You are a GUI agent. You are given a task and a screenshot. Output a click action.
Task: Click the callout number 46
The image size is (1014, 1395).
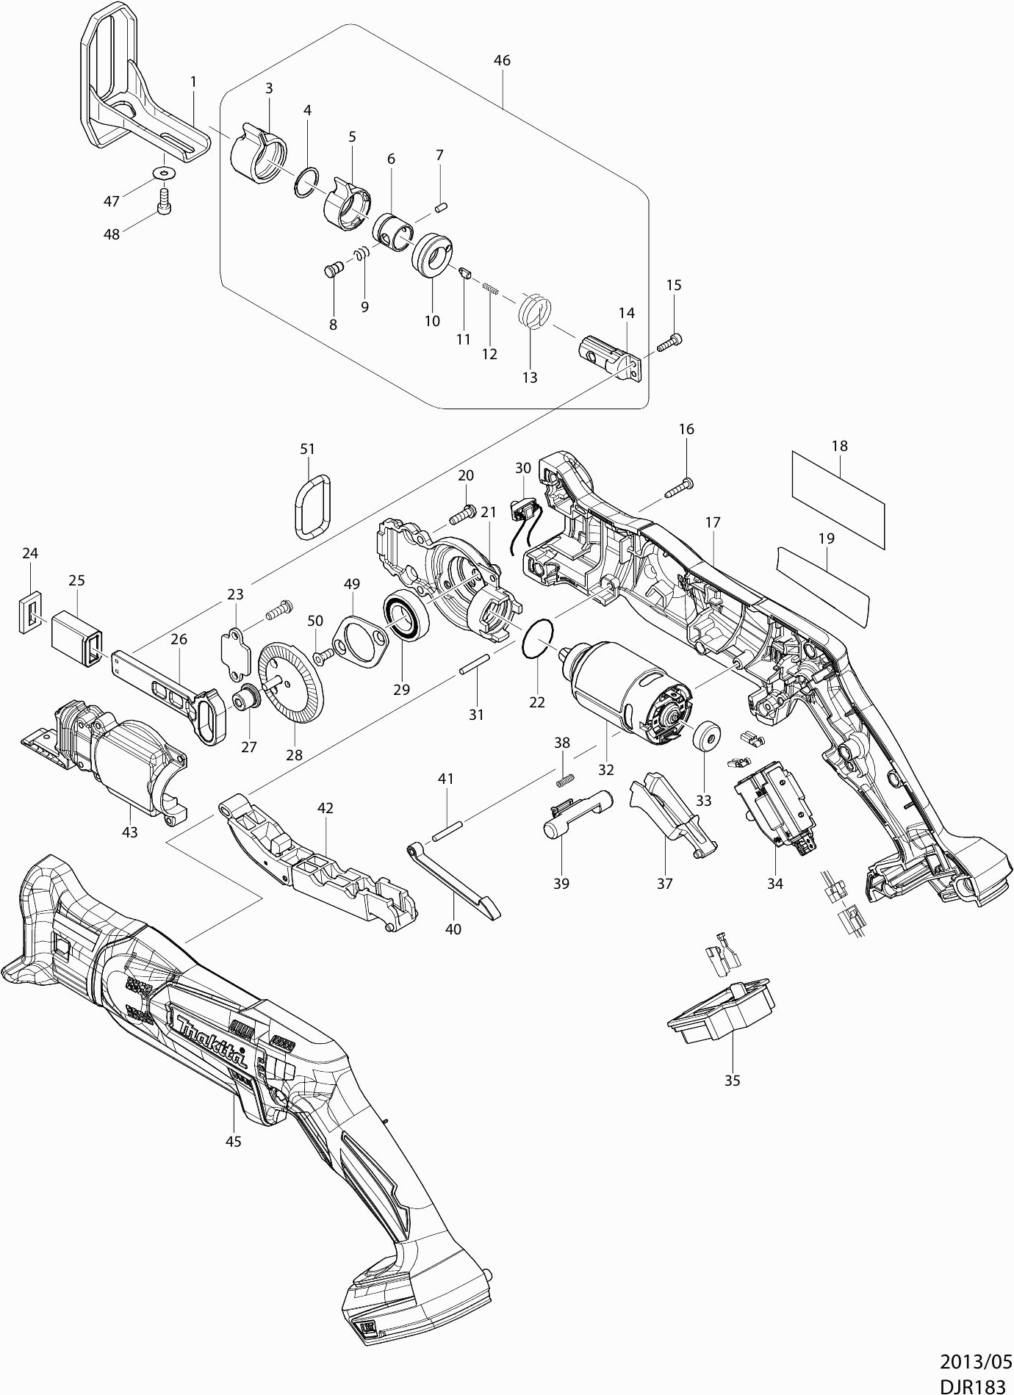tap(502, 61)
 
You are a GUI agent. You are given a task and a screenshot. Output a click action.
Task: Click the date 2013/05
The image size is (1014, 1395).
tap(976, 1360)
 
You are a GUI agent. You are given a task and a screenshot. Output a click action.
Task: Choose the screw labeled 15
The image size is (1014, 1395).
tap(670, 341)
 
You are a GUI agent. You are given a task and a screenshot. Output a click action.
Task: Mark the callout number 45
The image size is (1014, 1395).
tap(234, 1141)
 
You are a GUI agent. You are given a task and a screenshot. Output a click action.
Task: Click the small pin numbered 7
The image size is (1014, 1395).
tap(442, 206)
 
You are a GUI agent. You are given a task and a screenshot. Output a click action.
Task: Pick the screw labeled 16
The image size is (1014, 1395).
tap(680, 488)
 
